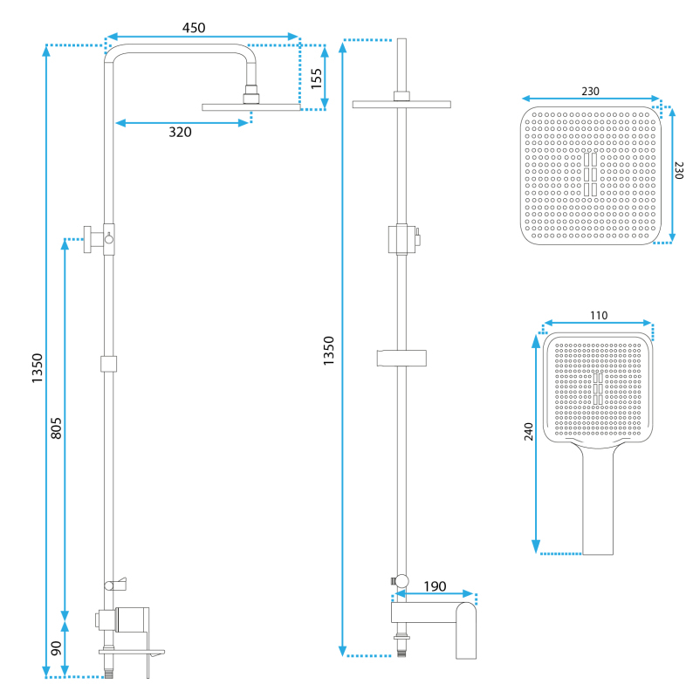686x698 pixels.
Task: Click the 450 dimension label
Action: (x=194, y=28)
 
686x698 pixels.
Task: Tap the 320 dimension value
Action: (x=180, y=133)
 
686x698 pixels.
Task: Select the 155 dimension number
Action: (x=316, y=79)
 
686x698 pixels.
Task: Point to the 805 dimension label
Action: (x=56, y=428)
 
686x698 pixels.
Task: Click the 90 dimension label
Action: (x=56, y=648)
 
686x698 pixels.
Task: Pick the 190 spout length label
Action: (x=435, y=586)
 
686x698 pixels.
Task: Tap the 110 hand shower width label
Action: (x=599, y=316)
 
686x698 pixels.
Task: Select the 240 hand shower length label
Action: (x=528, y=432)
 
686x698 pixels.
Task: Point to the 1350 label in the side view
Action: (x=37, y=368)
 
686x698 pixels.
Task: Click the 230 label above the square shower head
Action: (x=590, y=92)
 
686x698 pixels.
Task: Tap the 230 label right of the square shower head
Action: (x=678, y=170)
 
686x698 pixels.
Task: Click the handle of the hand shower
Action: (x=598, y=503)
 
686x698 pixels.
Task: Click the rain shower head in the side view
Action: (x=251, y=106)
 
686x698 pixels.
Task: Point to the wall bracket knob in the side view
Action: (x=87, y=239)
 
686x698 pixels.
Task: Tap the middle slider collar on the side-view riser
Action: (x=108, y=364)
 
